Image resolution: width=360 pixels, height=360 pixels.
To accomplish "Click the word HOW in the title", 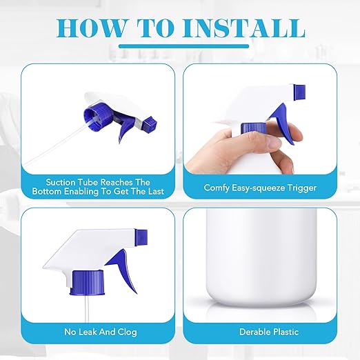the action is point(90,28).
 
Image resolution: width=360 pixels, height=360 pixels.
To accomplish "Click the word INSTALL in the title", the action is point(243,28).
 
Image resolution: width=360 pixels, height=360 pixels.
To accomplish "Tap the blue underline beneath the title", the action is point(183,46).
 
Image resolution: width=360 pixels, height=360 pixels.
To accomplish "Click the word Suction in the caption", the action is point(61,182).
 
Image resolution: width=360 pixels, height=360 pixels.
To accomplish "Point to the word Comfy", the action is point(217,188).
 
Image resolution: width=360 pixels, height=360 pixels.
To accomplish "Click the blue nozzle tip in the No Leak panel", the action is point(141,237).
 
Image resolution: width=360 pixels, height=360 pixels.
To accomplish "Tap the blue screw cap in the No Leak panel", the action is point(88,283).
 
